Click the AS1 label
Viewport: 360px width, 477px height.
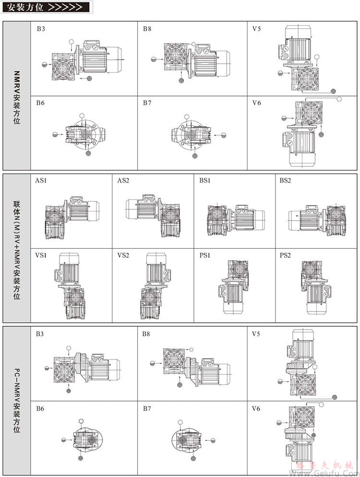point(41,181)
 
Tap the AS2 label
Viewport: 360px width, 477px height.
point(123,181)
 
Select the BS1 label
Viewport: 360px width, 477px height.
point(205,181)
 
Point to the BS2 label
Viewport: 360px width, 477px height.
point(286,181)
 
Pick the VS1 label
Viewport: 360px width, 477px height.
point(41,255)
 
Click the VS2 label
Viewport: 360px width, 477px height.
point(123,255)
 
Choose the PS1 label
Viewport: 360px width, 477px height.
point(205,255)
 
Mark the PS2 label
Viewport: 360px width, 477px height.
point(286,255)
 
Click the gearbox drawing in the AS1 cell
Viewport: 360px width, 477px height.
point(71,217)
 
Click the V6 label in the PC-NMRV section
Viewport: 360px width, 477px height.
point(256,409)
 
